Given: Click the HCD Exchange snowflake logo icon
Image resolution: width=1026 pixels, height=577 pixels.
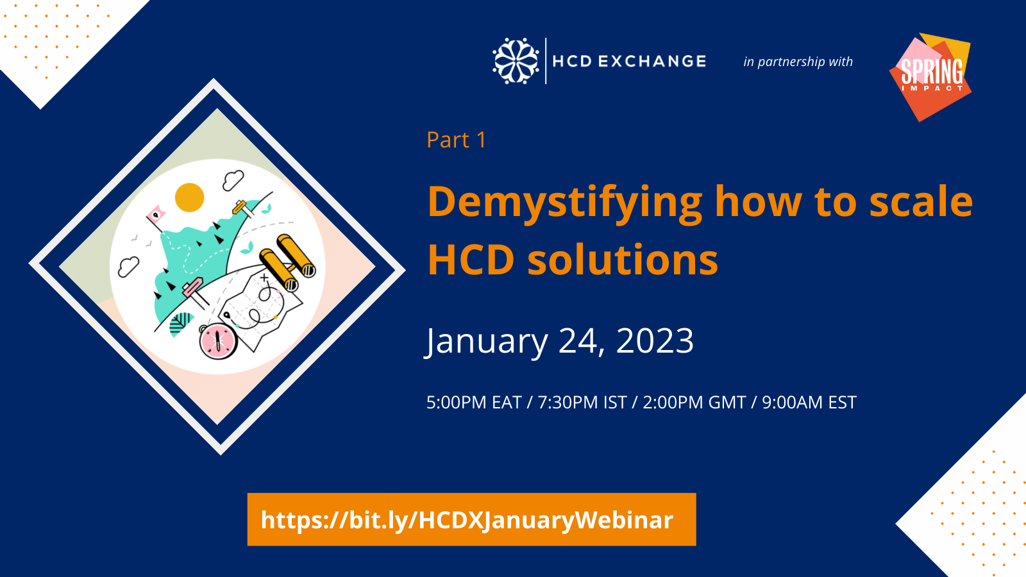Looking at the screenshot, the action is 516,61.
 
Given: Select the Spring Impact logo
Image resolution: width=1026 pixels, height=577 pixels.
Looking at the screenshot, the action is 930,77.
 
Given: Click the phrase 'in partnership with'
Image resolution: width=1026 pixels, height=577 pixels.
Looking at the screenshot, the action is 798,62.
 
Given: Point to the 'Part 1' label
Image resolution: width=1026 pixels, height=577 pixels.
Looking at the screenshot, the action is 456,140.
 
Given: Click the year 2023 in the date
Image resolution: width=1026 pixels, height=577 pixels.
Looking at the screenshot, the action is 655,340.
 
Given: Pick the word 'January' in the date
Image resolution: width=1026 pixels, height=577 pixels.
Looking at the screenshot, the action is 487,342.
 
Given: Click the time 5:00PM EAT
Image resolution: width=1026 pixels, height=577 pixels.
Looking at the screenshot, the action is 474,403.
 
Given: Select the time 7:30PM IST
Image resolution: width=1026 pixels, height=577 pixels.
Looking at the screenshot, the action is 582,403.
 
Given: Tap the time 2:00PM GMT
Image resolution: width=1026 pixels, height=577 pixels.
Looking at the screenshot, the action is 694,403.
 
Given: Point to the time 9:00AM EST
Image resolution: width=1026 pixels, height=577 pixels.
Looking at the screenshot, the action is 809,403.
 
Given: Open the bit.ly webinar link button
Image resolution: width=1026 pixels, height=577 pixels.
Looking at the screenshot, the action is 471,519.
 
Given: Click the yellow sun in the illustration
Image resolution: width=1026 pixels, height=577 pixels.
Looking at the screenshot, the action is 189,197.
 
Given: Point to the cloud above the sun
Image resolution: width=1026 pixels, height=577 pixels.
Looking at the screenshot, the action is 233,180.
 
